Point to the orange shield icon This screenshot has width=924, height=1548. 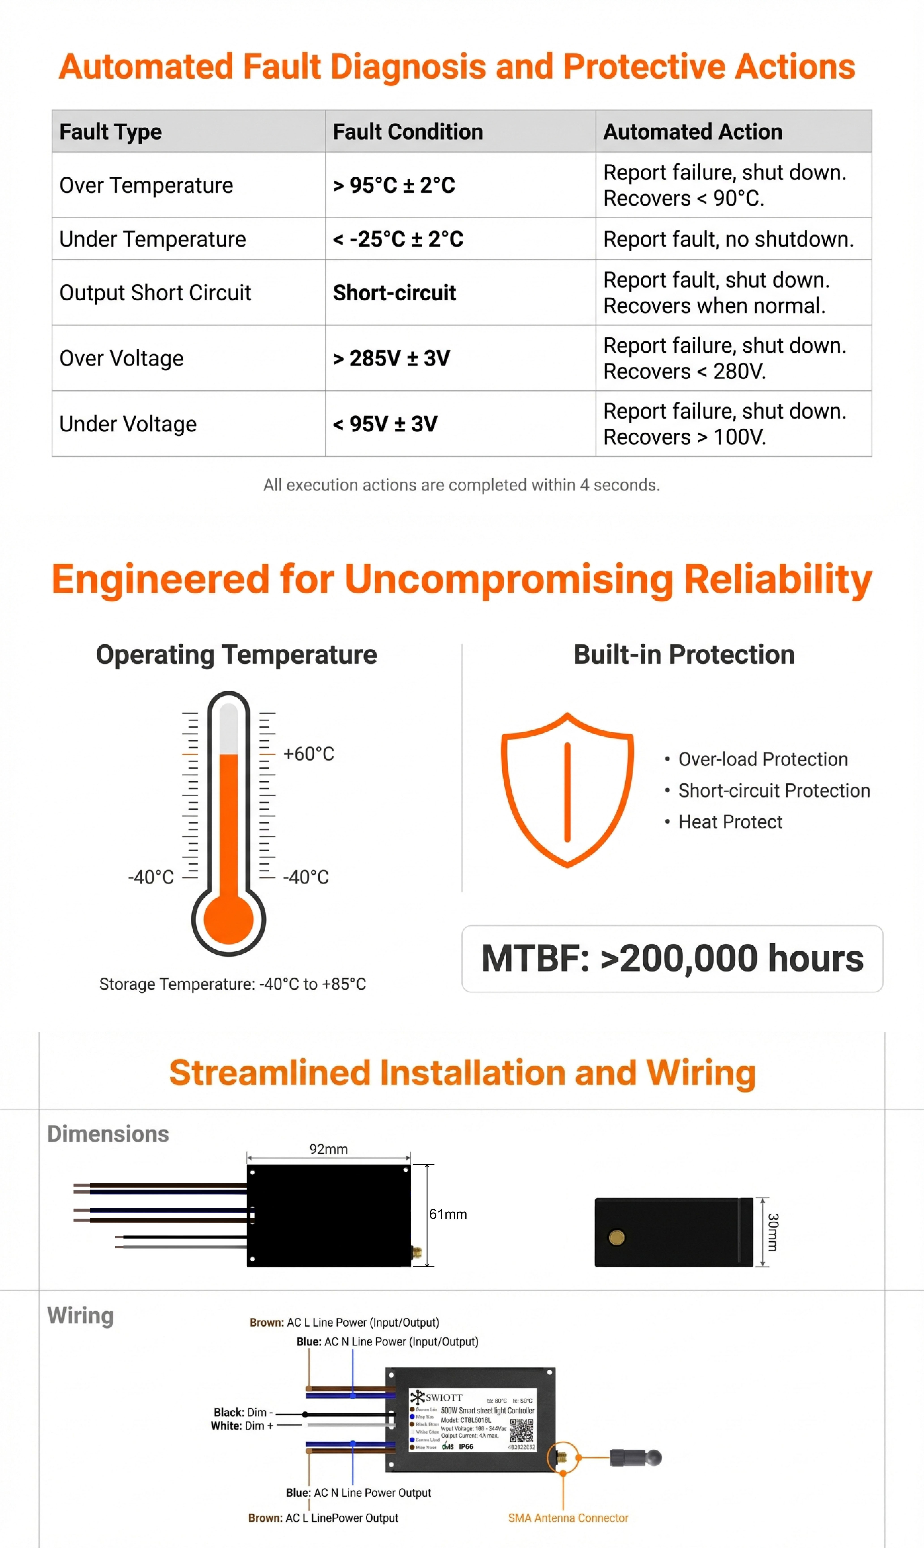tap(567, 790)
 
